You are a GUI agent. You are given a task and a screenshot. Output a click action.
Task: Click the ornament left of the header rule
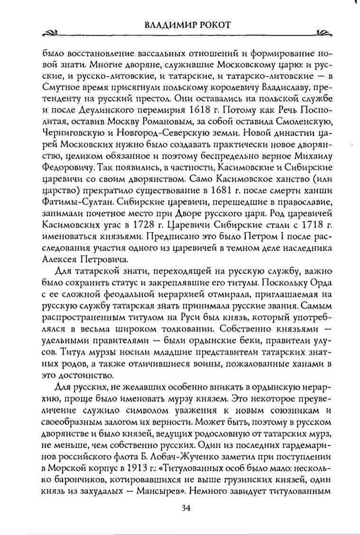pyautogui.click(x=50, y=34)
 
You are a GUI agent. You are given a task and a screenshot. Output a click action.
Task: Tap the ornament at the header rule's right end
pyautogui.click(x=323, y=34)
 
